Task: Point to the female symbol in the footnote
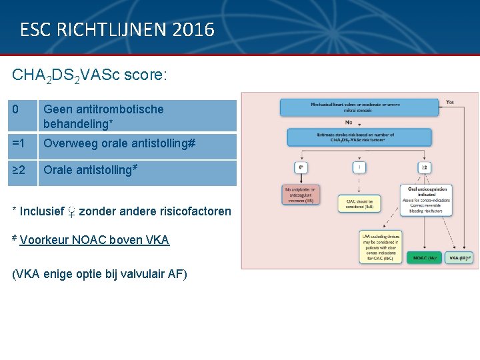[x=71, y=212]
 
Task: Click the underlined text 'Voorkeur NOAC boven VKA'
[x=95, y=240]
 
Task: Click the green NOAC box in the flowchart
[x=425, y=258]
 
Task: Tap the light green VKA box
[x=459, y=258]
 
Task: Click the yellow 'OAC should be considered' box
[x=360, y=203]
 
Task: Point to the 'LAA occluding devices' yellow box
[x=381, y=247]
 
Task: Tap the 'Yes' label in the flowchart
[x=451, y=102]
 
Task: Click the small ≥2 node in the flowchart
[x=424, y=167]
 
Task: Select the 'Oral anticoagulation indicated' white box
[x=425, y=201]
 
